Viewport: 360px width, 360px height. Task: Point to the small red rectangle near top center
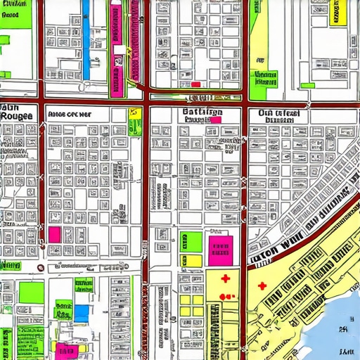[x=195, y=84]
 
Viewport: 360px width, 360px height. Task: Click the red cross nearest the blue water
[x=261, y=286]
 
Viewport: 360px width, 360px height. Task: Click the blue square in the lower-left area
[x=82, y=311]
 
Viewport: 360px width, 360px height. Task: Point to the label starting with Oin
[x=278, y=112]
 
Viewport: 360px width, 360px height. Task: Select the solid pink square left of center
[x=54, y=233]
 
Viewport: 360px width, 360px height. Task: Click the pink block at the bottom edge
[x=67, y=349]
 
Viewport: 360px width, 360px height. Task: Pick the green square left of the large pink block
[x=191, y=241]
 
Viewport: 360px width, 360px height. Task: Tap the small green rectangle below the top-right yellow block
[x=308, y=86]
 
